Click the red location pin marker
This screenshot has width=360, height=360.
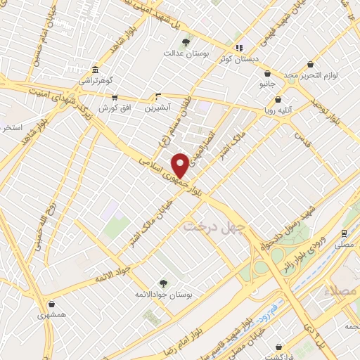pos(180,165)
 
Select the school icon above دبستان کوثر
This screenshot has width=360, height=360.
pos(239,48)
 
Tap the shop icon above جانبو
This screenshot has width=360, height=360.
pos(267,73)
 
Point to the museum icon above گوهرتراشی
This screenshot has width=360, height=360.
pos(95,70)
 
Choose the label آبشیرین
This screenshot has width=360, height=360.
pos(157,108)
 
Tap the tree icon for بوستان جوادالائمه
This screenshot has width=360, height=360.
pos(163,283)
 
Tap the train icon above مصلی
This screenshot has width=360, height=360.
pos(344,233)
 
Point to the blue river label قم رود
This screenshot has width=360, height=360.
pos(269,309)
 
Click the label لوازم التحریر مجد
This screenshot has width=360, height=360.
pos(329,75)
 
